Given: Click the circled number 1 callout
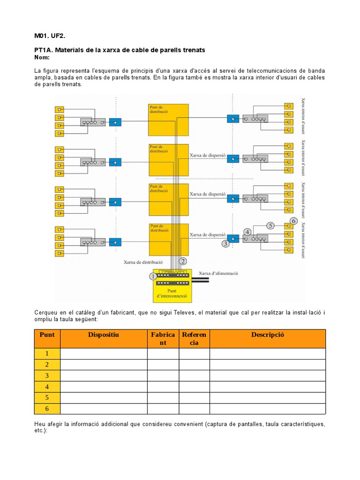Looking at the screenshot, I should tap(152, 277).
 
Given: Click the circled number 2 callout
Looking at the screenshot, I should tap(183, 261).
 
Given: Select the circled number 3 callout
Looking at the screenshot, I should tap(225, 243).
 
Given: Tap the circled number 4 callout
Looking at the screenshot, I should tap(247, 232).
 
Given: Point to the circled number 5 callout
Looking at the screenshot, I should tap(270, 225).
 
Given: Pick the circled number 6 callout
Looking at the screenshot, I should tap(294, 220).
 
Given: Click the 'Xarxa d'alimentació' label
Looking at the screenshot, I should tap(219, 273).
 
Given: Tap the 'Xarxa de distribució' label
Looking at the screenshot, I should tap(143, 262).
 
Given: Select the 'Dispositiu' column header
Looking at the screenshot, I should tap(104, 335).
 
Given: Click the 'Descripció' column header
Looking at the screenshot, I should tap(267, 335).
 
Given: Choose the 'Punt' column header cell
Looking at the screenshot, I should tap(47, 335).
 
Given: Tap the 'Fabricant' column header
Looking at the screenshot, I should tap(163, 338).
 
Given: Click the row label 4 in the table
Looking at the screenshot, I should tap(47, 387).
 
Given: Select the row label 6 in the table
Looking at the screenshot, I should tap(47, 409).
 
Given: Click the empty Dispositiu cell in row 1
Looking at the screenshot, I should tap(104, 353).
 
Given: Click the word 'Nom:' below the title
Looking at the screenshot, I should tap(42, 57).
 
